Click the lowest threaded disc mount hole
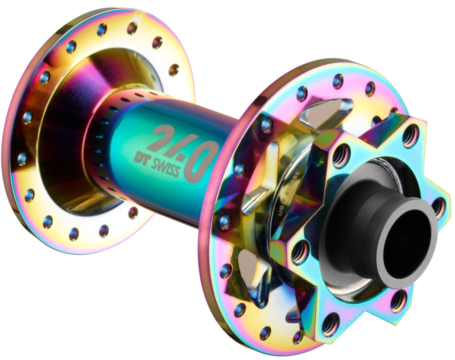click(330, 324)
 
